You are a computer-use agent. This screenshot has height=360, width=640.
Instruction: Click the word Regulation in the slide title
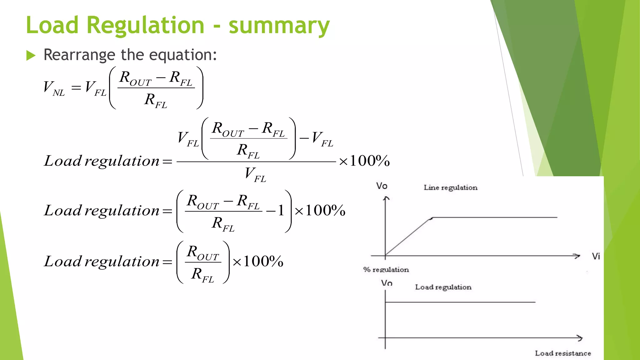145,25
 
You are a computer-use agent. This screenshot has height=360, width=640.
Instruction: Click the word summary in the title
279,26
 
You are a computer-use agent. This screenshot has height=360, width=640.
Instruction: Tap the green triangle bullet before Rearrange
31,56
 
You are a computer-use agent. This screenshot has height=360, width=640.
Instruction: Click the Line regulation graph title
450,187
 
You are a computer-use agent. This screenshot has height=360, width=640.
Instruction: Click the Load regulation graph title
443,287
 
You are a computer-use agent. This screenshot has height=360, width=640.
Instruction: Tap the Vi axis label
596,256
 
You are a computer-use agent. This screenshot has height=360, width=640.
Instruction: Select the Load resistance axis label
563,353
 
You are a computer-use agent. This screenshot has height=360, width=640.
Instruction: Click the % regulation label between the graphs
386,269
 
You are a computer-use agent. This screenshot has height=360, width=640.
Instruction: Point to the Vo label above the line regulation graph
382,186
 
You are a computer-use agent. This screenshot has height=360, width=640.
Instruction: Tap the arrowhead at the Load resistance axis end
580,338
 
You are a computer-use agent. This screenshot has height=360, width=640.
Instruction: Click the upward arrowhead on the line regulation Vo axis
386,198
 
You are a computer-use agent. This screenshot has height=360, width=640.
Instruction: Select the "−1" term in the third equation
275,211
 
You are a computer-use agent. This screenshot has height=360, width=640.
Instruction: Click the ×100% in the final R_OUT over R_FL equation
258,261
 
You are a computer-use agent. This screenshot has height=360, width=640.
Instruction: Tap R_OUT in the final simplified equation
203,252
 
